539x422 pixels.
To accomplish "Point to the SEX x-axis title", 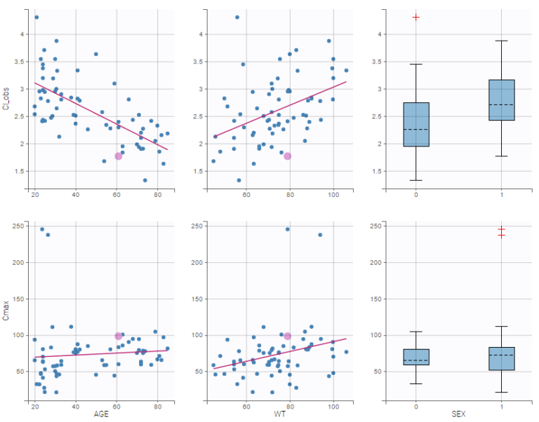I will click(458, 415).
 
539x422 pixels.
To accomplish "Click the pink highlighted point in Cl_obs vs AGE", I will click(119, 156).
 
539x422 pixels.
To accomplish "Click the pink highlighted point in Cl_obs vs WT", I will click(288, 156).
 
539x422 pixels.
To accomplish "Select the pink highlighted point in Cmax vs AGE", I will click(119, 336).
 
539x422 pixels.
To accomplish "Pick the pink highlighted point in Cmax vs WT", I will click(288, 336).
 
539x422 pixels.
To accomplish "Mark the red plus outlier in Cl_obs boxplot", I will click(416, 17).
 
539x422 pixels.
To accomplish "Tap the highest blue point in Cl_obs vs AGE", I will click(36, 17).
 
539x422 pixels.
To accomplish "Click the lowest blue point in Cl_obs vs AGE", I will click(145, 180).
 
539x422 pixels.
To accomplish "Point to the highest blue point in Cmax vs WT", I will click(287, 229).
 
